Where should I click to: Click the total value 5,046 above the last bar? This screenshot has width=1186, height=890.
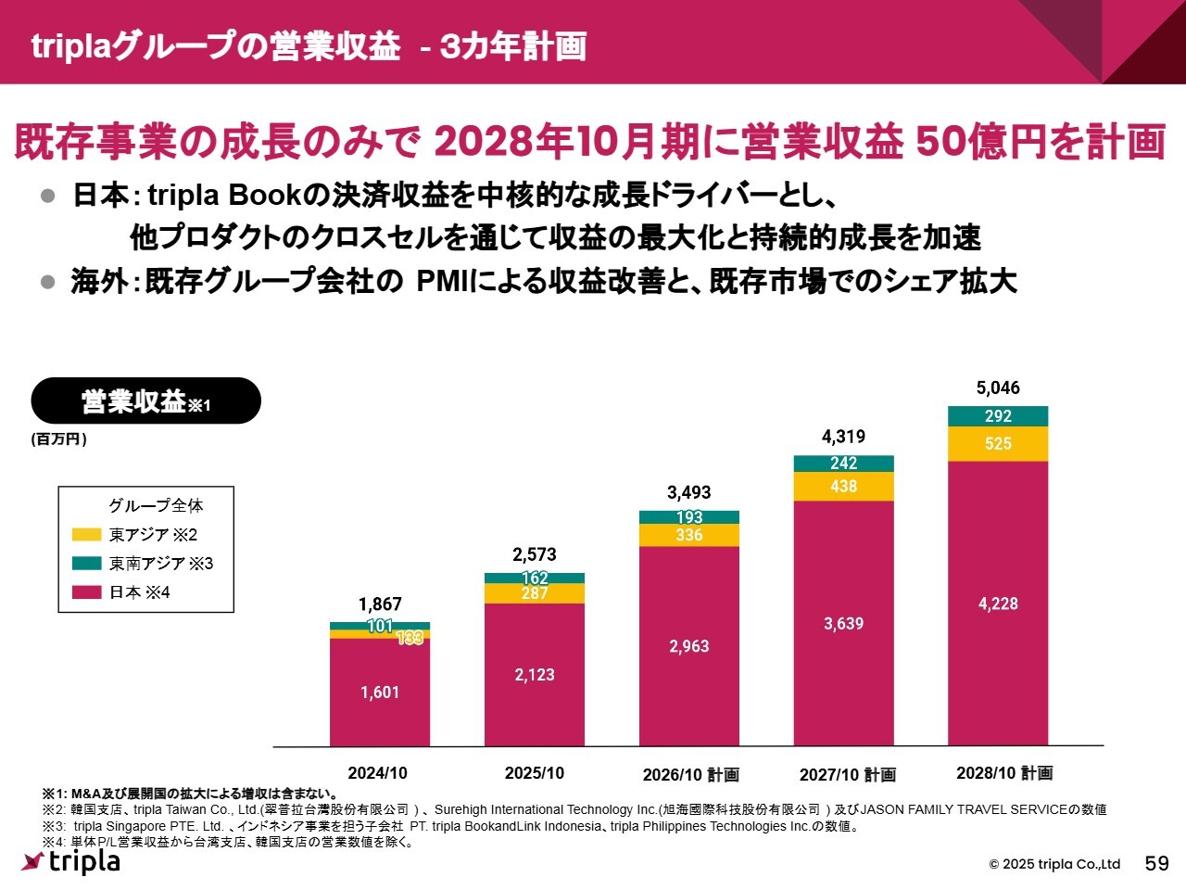(998, 388)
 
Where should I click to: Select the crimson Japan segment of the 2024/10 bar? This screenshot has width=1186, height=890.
(380, 692)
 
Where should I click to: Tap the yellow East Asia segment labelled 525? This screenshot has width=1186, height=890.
(998, 444)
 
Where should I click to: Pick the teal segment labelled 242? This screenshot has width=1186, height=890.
(843, 464)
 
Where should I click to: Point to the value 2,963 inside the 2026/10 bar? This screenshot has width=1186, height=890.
(689, 646)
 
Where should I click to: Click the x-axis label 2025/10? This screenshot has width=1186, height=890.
(535, 773)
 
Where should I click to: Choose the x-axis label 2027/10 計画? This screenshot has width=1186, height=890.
(848, 774)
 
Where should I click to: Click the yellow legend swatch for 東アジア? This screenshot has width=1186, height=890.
(87, 535)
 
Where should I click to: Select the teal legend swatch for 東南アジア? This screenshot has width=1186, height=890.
(87, 564)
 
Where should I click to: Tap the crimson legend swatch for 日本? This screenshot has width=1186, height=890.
(87, 592)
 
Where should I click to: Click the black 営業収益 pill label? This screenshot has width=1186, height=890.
(146, 401)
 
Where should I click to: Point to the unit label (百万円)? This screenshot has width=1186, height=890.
(58, 439)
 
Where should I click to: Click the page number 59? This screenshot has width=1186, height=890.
(1157, 864)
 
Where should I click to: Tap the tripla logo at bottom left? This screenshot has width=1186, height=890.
(71, 861)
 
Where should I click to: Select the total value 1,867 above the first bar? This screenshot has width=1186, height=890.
(380, 604)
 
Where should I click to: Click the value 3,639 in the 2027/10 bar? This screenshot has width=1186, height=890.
(843, 624)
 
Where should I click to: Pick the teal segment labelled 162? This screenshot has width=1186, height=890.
(535, 578)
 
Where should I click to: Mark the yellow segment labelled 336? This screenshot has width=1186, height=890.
(689, 536)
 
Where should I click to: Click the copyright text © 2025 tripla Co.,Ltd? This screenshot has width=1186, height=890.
(1054, 864)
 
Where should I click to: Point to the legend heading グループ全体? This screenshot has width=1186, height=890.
(156, 505)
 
